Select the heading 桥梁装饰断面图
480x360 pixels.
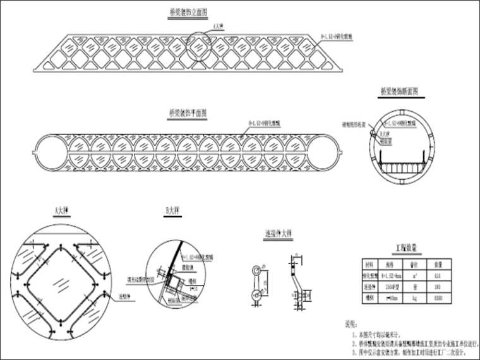point(402,91)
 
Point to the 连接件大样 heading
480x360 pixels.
point(279,234)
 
